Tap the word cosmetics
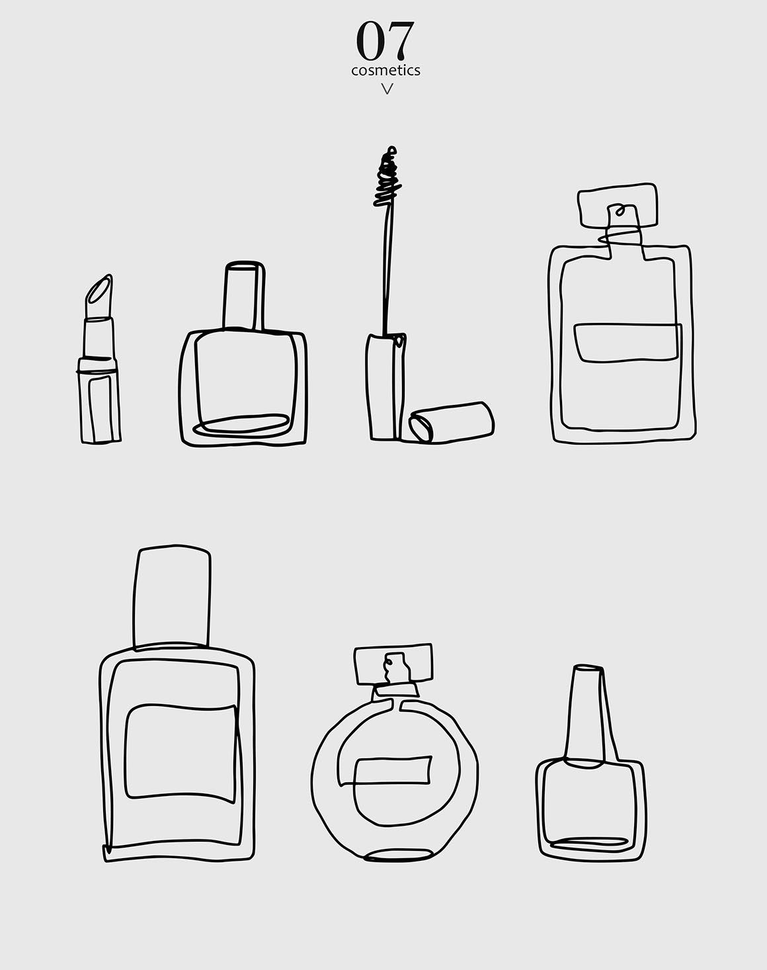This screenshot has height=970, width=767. pyautogui.click(x=385, y=70)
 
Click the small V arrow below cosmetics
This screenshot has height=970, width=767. pyautogui.click(x=387, y=89)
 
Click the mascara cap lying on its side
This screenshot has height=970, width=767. pyautogui.click(x=452, y=422)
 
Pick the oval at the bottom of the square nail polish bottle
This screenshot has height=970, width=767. pyautogui.click(x=241, y=425)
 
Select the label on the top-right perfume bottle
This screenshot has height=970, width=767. pyautogui.click(x=627, y=343)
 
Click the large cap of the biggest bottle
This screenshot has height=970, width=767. pyautogui.click(x=172, y=597)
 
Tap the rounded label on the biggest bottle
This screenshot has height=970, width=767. pyautogui.click(x=180, y=753)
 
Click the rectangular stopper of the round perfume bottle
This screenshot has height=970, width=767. pyautogui.click(x=393, y=664)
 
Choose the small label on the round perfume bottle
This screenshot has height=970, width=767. pyautogui.click(x=393, y=771)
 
